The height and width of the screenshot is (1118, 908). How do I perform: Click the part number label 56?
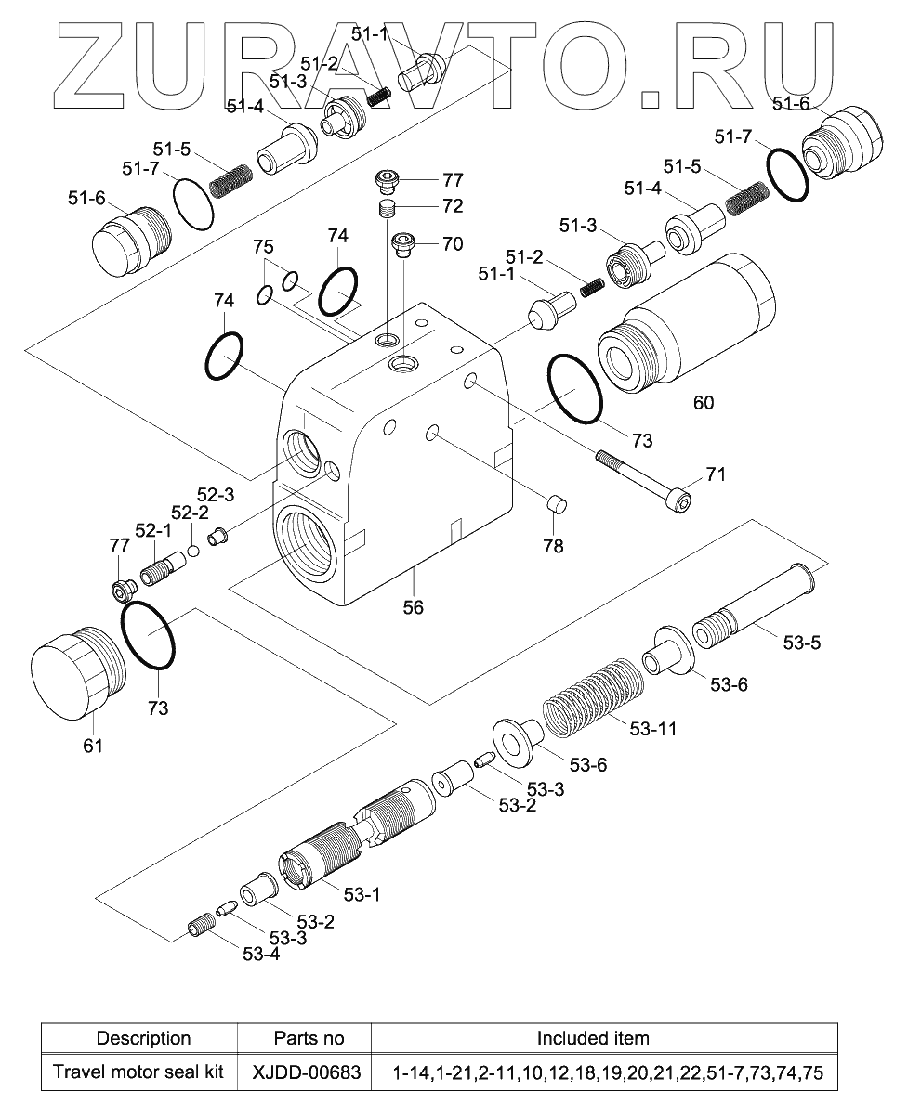point(413,607)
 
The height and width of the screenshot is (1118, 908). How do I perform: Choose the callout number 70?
point(452,245)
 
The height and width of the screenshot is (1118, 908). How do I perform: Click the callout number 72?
point(453,205)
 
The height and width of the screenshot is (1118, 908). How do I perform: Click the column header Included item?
point(593,1037)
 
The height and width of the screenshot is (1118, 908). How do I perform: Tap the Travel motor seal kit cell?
point(138,1072)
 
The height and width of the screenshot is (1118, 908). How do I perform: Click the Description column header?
point(144,1037)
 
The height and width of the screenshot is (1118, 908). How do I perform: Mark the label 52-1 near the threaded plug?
point(154,529)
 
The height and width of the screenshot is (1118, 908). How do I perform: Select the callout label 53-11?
point(652,729)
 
